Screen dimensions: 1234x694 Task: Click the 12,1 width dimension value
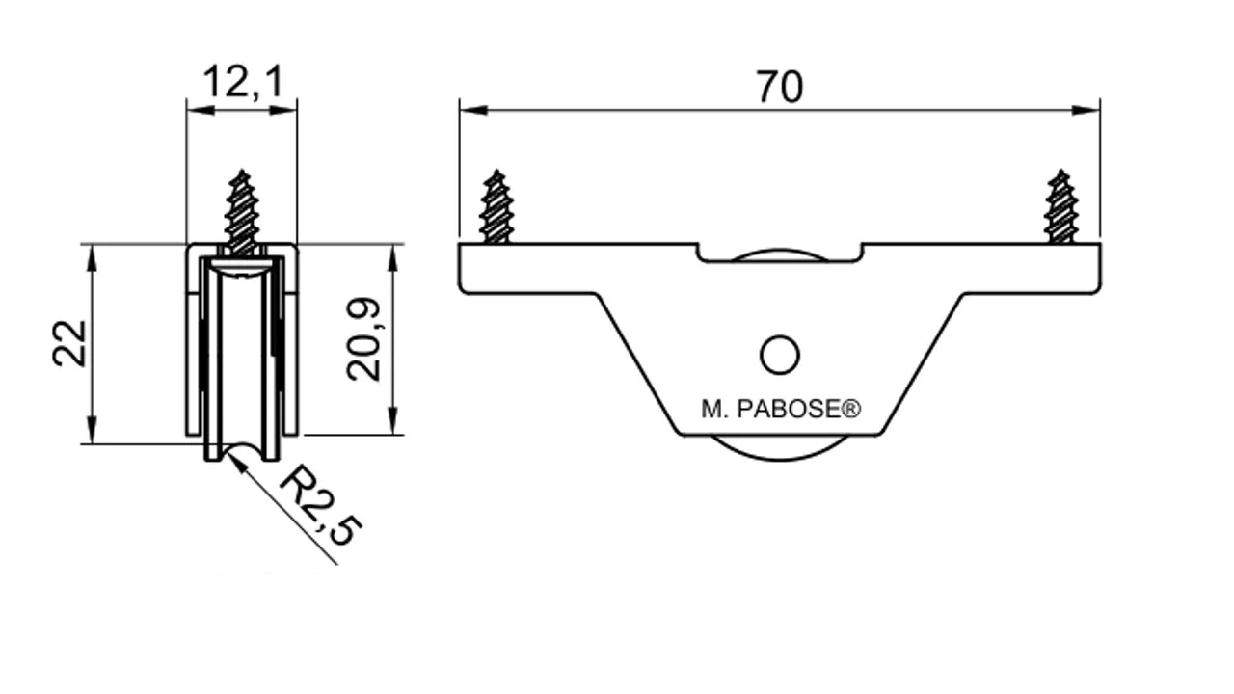coord(243,83)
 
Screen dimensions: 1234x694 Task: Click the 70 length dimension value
coord(780,87)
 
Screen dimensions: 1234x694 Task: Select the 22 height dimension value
coord(70,344)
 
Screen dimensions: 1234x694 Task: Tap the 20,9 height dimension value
coord(363,339)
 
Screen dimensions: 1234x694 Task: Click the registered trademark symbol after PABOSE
coord(851,408)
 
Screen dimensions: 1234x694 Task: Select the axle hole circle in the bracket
coord(780,356)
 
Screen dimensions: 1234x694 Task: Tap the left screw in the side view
coord(496,206)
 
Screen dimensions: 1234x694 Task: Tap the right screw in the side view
coord(1060,206)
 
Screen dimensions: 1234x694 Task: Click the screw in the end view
coord(242,212)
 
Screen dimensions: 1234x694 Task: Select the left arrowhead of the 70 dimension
coord(473,110)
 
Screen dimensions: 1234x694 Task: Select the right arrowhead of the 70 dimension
coord(1086,110)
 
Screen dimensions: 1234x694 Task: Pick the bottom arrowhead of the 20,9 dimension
coord(392,421)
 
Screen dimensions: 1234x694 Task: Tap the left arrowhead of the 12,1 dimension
coord(201,110)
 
